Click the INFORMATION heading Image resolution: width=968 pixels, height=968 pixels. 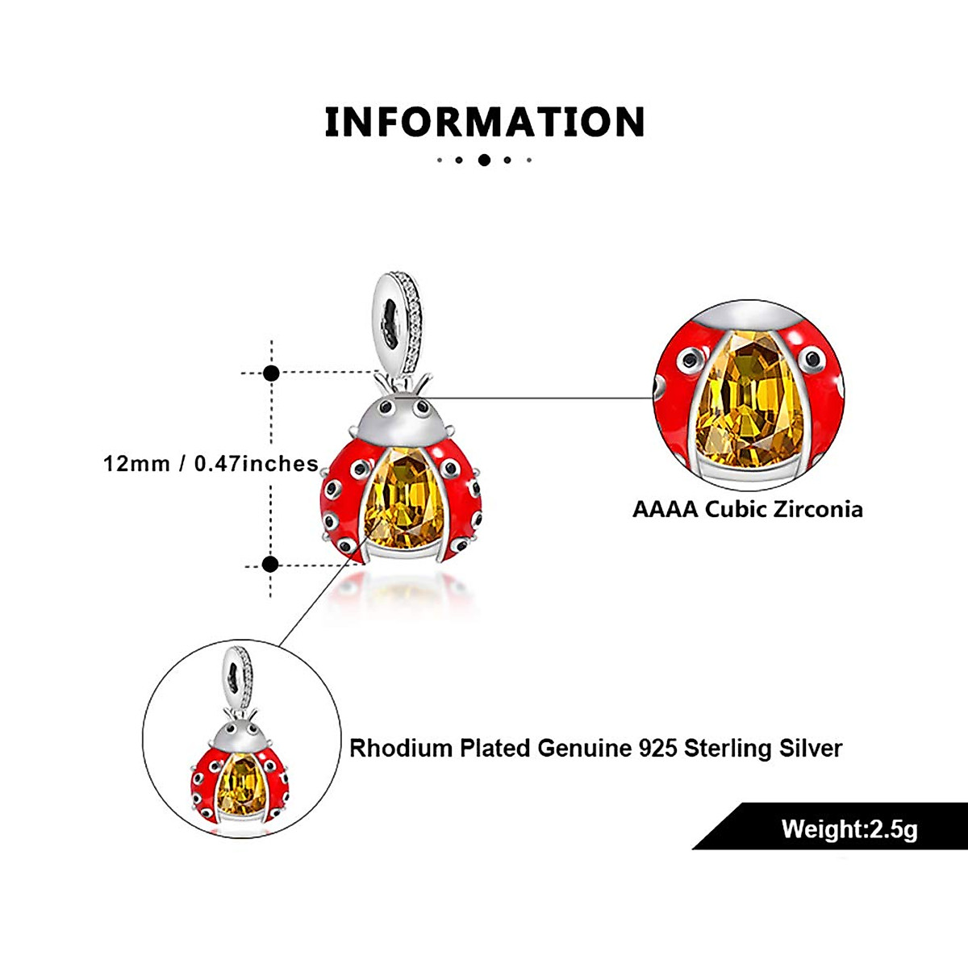[x=484, y=122]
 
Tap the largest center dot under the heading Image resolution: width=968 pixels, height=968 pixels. [x=484, y=160]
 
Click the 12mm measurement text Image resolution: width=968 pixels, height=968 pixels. [x=136, y=464]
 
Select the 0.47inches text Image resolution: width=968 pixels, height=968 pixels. [x=257, y=464]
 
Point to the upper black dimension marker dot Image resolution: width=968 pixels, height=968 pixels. [x=272, y=373]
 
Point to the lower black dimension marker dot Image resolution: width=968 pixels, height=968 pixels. [x=271, y=565]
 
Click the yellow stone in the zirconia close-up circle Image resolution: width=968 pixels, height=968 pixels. [x=746, y=403]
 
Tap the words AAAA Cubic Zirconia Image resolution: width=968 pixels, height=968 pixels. [x=747, y=510]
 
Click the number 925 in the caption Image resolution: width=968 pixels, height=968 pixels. [x=657, y=749]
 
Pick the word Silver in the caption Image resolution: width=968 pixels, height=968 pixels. [x=811, y=749]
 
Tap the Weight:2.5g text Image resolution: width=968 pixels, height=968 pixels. [x=849, y=829]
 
